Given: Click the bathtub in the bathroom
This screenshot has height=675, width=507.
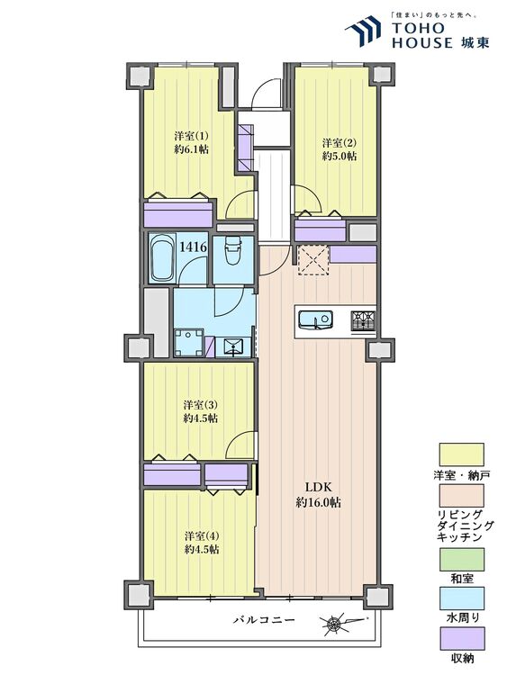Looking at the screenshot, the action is click(161, 258).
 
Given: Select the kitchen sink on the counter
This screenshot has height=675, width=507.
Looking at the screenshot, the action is click(315, 319).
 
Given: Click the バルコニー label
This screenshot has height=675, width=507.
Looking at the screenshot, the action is click(264, 620).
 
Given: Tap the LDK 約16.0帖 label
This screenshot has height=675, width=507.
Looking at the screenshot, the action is click(318, 495).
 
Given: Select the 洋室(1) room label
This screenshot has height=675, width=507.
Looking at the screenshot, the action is click(191, 136).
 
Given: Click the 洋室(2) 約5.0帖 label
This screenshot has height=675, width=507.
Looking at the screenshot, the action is click(340, 148).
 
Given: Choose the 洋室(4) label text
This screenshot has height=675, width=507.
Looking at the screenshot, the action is click(202, 536).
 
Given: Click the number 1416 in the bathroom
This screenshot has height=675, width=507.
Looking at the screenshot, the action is click(193, 247).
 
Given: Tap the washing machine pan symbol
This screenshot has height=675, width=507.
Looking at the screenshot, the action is click(188, 342).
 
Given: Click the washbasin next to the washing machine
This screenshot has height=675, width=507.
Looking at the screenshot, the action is click(232, 346).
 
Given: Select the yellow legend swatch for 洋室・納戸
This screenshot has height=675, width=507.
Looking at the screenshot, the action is click(461, 454).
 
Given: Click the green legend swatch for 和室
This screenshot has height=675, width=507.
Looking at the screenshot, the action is click(461, 559).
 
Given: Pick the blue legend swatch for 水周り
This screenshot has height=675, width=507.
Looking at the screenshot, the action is click(461, 598).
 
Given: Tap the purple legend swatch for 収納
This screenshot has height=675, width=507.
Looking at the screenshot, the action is click(461, 638).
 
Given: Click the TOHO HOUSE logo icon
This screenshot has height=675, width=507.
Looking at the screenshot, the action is click(363, 31).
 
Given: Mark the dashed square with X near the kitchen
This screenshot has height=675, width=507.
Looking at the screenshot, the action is click(313, 259).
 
